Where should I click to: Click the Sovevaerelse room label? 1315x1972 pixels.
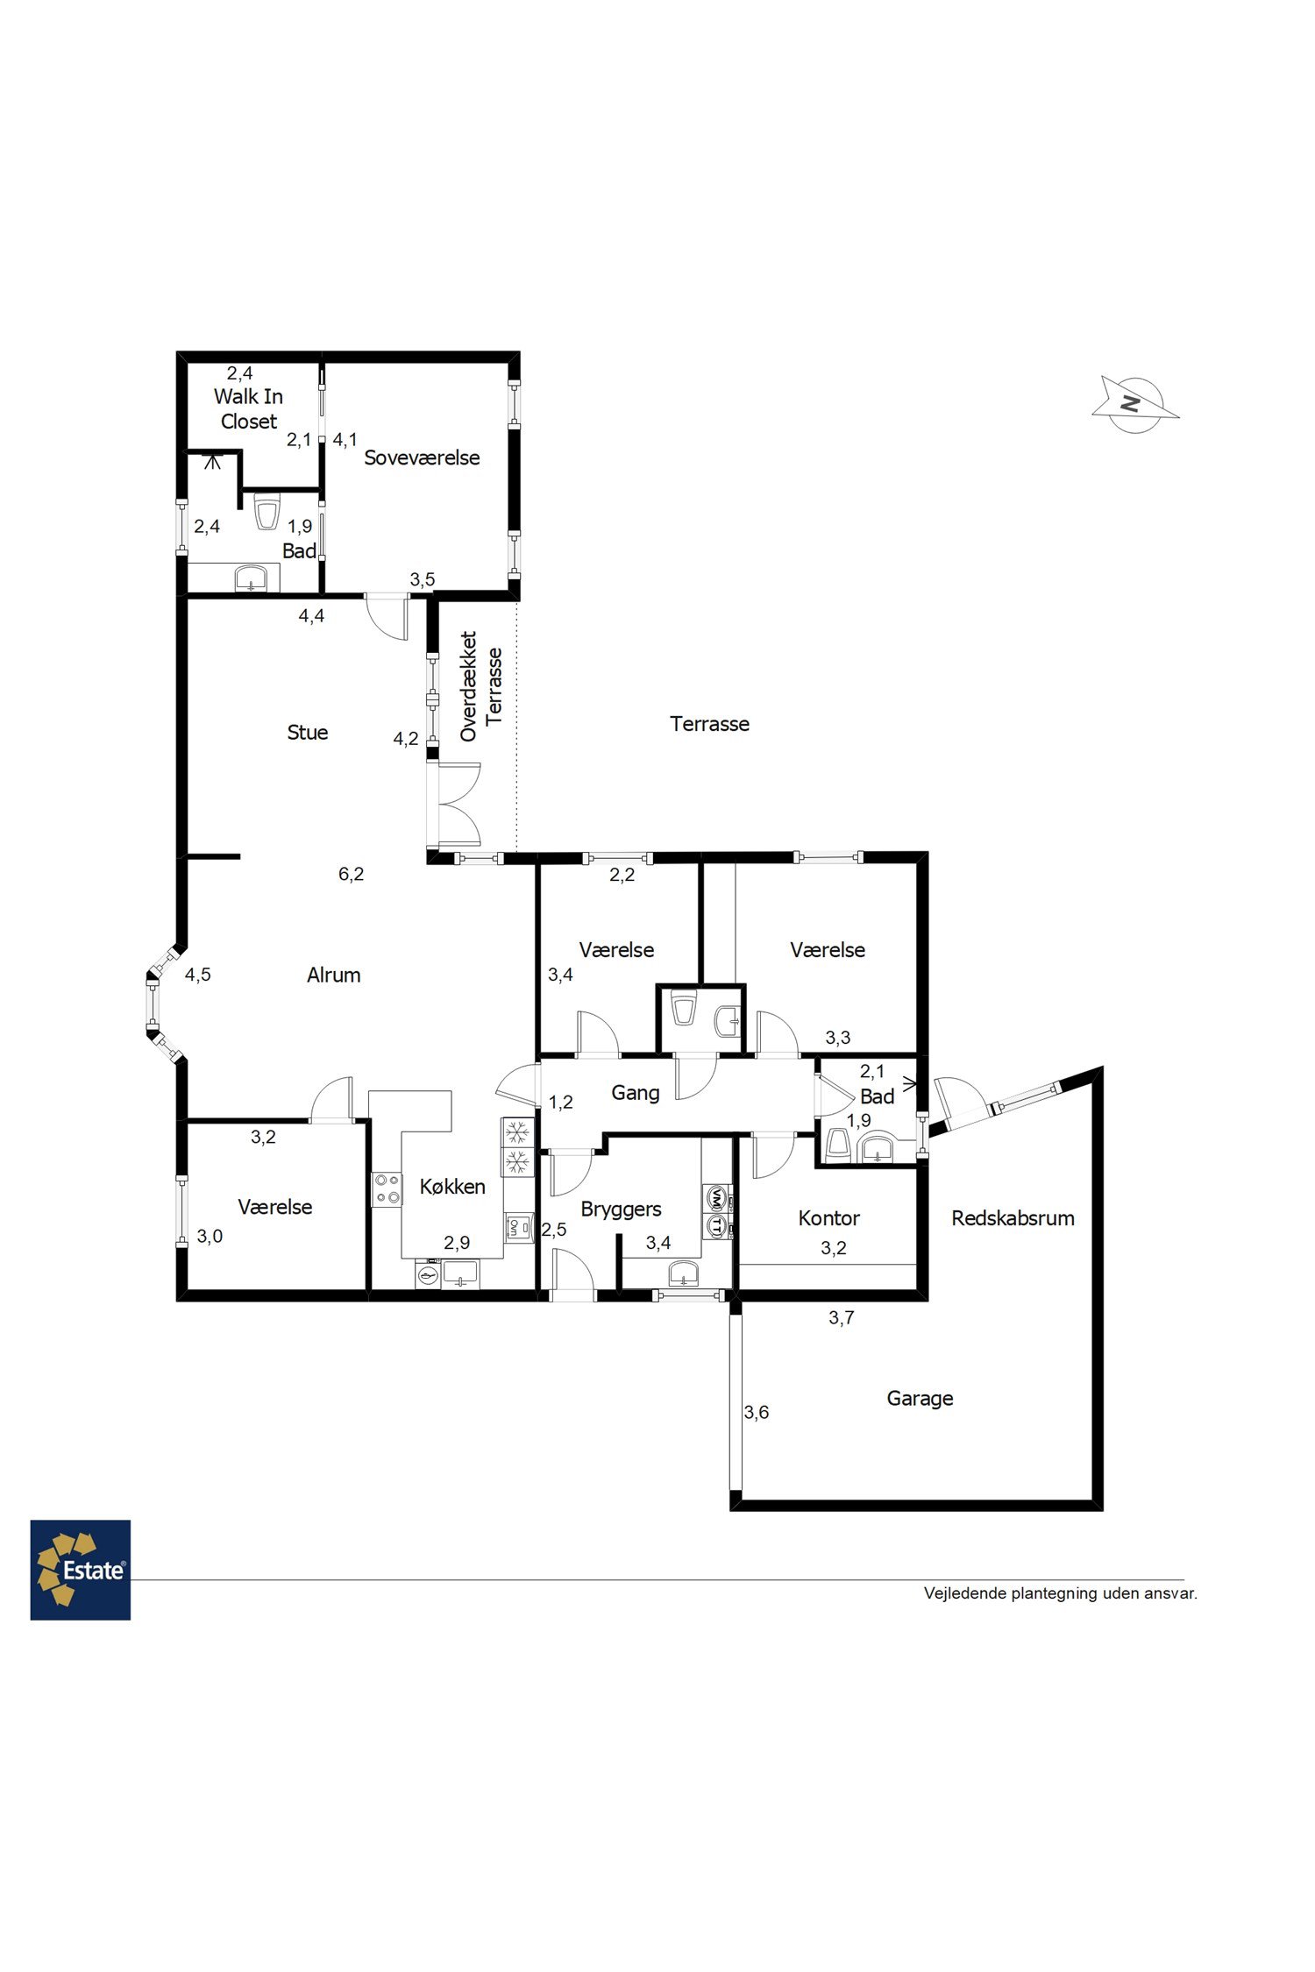pos(422,458)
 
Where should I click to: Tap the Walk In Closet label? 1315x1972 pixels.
pos(248,408)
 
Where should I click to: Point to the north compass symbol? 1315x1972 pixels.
pos(1135,405)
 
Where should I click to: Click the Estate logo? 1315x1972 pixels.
pos(81,1570)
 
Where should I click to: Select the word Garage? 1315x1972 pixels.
pos(920,1399)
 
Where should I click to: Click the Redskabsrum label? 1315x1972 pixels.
pos(1013,1217)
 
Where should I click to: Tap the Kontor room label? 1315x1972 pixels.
pos(828,1217)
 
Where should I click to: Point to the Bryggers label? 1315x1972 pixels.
pos(621,1209)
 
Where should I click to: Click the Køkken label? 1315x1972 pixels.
pos(452,1187)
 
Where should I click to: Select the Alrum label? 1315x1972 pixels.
pos(333,975)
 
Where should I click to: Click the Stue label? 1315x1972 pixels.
pos(308,732)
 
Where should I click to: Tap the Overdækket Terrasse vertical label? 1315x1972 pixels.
pos(481,686)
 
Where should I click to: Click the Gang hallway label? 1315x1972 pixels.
pos(636,1093)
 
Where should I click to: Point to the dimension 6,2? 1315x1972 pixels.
pos(351,874)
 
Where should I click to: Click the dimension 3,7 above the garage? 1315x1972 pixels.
pos(841,1317)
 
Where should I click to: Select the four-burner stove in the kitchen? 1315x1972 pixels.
pos(387,1189)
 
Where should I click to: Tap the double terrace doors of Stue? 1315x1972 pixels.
pos(454,804)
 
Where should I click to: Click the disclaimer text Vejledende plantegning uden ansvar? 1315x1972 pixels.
pos(1060,1593)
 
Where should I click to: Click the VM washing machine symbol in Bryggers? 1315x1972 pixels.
pos(716,1196)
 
